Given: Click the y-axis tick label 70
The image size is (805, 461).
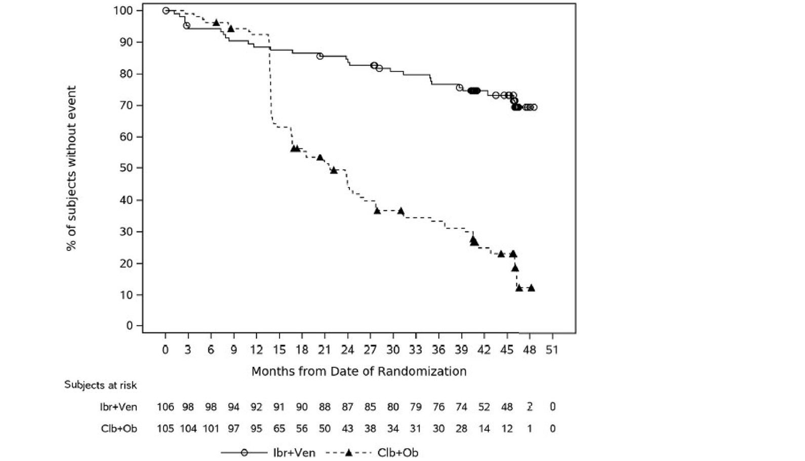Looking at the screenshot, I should (126, 105).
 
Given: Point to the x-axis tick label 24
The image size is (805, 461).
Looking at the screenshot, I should (347, 350).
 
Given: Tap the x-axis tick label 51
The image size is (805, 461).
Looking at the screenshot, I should (552, 350).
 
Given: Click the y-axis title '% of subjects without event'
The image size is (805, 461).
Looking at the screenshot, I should (71, 168).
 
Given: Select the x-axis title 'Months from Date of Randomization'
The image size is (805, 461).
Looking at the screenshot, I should (358, 371).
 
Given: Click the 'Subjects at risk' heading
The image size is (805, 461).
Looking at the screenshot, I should (100, 385).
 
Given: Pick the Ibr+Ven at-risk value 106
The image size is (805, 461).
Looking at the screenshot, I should (165, 407).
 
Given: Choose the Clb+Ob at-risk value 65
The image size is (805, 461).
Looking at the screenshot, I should (279, 429).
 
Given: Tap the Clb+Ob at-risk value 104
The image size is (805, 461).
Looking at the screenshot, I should (188, 429).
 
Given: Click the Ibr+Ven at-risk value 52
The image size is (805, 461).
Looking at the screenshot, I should (484, 407).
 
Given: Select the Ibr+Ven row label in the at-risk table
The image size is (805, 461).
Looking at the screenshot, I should (118, 407).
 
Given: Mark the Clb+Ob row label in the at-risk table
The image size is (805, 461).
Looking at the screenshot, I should (119, 429).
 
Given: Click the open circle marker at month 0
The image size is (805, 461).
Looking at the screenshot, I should (166, 10).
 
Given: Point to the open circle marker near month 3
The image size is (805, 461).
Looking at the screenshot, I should (186, 25).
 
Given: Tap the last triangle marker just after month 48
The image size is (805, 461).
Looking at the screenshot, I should (531, 288).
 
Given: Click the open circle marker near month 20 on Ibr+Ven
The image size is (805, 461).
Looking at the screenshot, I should (320, 56).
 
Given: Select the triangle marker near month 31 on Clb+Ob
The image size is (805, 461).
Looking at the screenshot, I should (401, 211).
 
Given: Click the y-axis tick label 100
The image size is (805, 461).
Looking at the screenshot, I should (124, 10).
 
